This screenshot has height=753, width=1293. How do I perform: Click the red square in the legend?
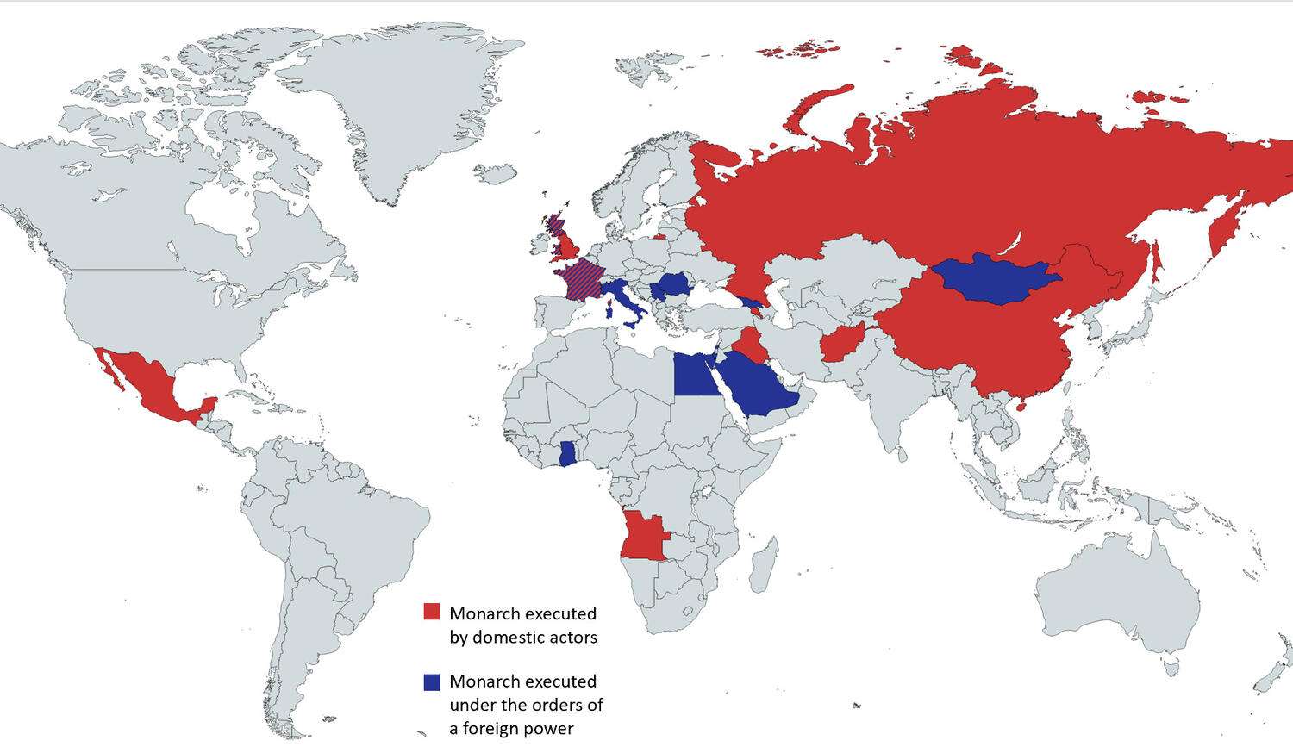tap(432, 612)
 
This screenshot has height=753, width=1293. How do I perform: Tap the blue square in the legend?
tap(432, 681)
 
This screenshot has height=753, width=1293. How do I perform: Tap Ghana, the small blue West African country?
tap(567, 453)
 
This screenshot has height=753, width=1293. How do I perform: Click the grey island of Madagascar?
tap(764, 565)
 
